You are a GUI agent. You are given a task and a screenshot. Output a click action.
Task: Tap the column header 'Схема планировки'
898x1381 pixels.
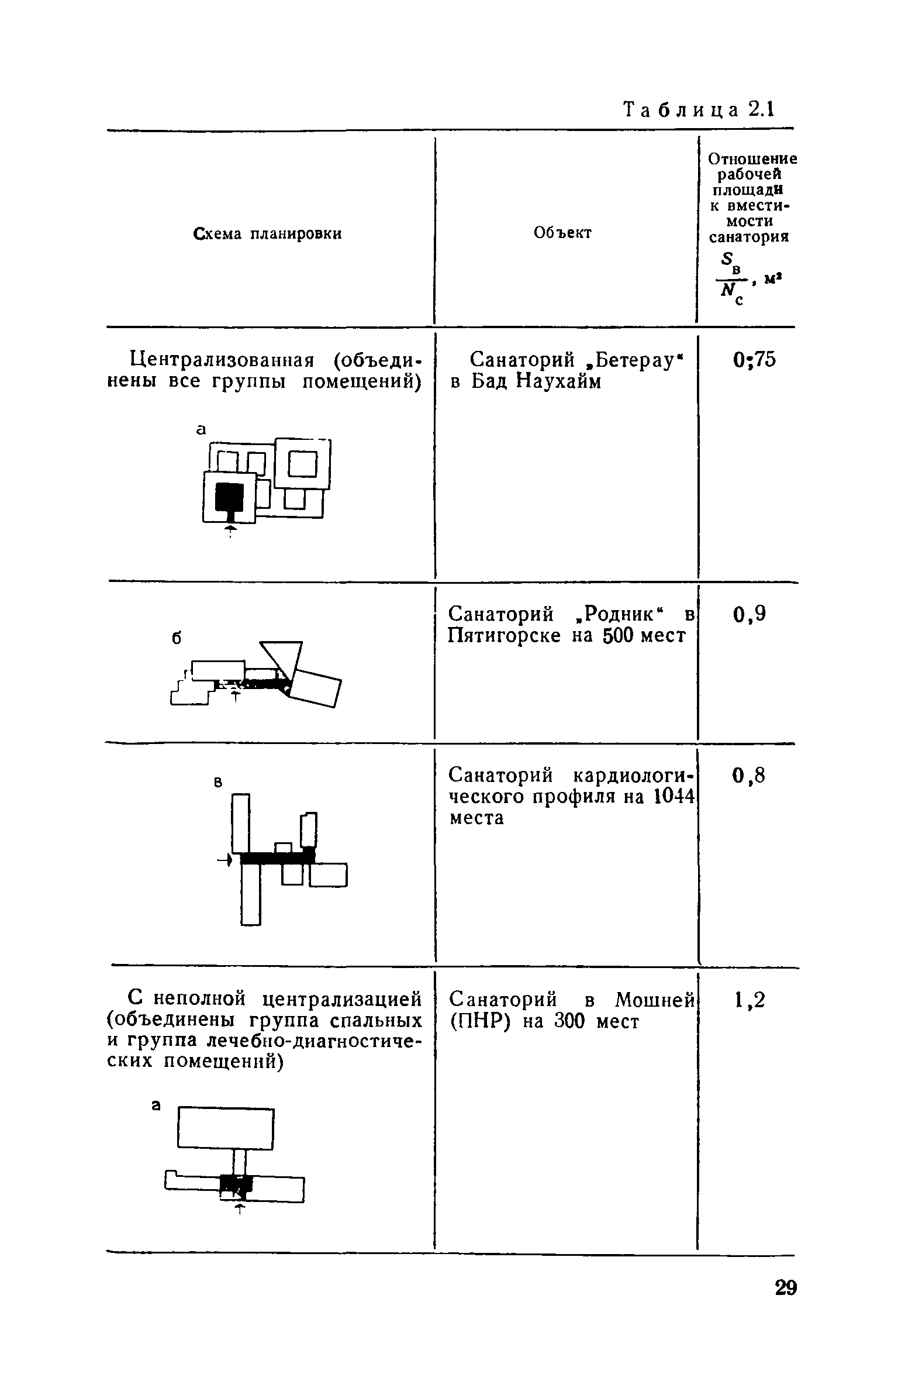pos(267,234)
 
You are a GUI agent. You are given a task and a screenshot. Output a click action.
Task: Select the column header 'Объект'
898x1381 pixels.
pos(562,233)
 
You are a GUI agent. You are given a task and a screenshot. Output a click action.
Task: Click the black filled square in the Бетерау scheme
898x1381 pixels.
pos(230,497)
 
